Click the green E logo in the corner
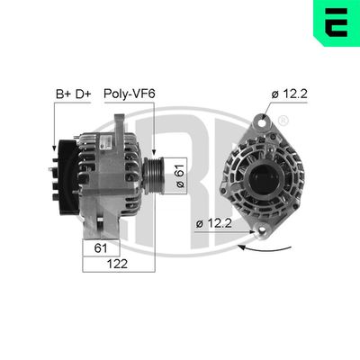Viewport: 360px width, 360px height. pyautogui.click(x=334, y=24)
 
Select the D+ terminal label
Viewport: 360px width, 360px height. pyautogui.click(x=84, y=92)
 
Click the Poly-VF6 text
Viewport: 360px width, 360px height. pyautogui.click(x=129, y=92)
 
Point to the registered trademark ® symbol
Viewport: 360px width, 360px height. pyautogui.click(x=283, y=121)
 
